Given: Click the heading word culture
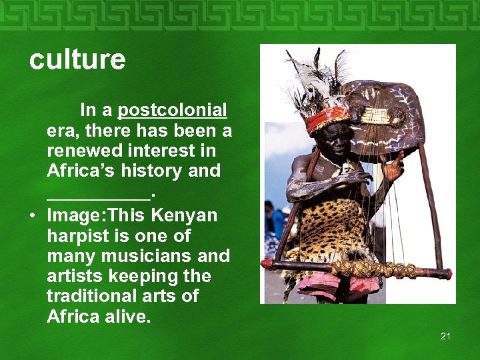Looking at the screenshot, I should (x=77, y=60).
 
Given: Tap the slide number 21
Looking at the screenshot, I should (x=445, y=336).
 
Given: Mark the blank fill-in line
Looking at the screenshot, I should (x=99, y=195).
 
